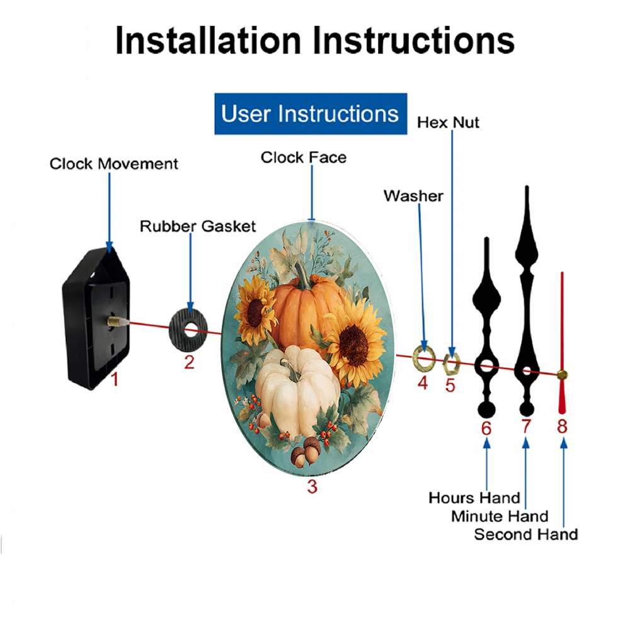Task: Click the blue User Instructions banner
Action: coord(311,113)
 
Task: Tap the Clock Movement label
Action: coord(113,164)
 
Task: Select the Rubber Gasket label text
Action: coord(198,226)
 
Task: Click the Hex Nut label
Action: coord(448,123)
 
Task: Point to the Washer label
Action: coord(413,196)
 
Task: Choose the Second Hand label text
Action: coord(526,534)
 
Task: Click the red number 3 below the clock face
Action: coord(312,486)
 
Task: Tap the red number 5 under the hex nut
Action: coord(450,386)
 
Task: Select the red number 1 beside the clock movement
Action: coord(115,379)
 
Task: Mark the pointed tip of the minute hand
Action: coord(527,186)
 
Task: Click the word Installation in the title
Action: coord(208,40)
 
